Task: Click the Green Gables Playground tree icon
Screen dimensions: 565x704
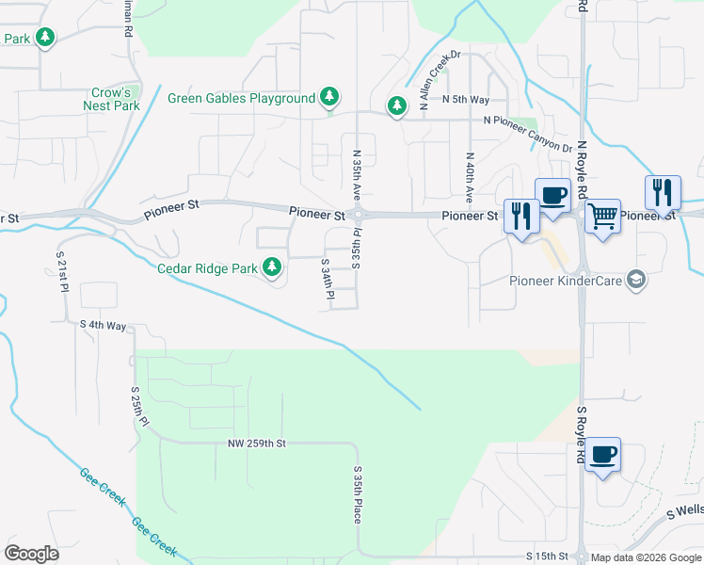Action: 328,97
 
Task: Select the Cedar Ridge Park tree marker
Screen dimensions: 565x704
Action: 273,268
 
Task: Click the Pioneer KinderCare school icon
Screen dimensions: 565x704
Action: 636,280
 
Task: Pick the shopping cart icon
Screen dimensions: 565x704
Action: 602,217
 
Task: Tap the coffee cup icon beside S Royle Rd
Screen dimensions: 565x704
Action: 602,457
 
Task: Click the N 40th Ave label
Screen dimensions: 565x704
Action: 469,177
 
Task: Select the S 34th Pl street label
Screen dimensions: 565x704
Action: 328,280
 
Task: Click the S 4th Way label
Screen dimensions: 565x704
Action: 104,325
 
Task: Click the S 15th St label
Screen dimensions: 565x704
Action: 550,557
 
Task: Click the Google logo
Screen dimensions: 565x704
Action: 31,554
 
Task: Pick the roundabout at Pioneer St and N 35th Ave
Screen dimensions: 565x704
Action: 358,216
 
